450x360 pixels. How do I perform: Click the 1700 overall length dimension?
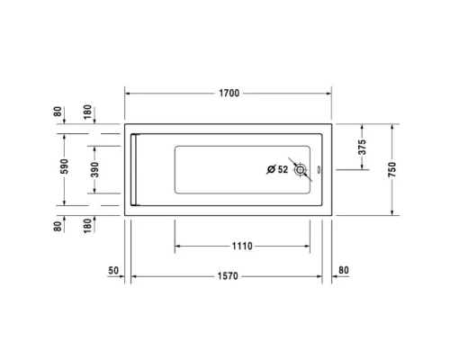click(229, 93)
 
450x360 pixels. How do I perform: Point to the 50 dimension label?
click(114, 269)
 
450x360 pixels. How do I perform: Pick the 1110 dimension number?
click(241, 246)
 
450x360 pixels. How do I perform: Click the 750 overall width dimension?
click(392, 170)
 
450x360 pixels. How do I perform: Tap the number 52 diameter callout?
click(283, 169)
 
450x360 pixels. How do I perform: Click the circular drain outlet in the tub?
click(301, 169)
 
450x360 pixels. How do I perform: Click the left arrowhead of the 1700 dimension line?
click(127, 93)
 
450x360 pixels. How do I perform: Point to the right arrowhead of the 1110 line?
click(310, 246)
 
